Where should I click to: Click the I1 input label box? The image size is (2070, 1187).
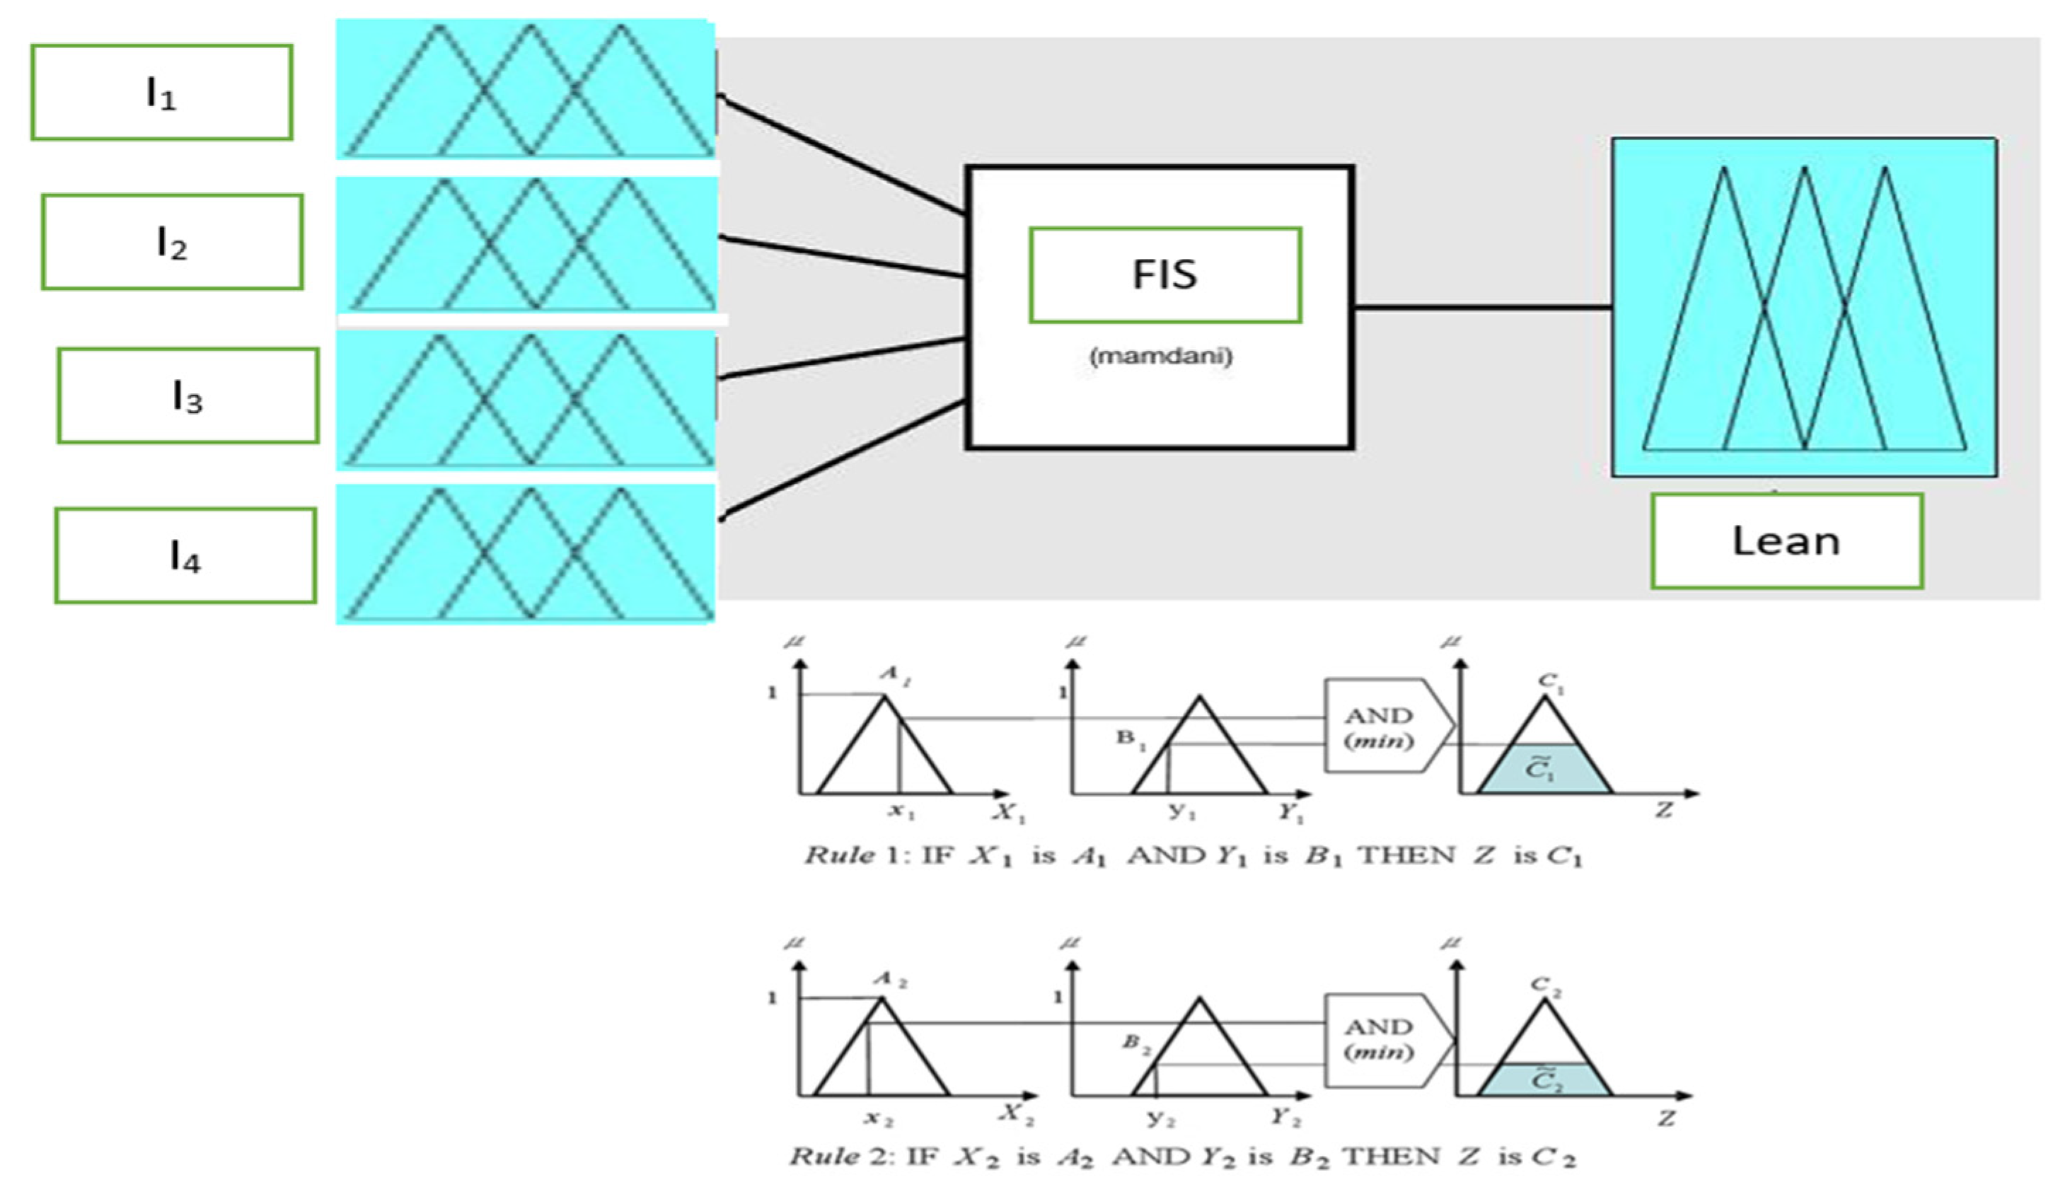click(161, 92)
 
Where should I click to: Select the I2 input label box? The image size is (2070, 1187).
click(172, 242)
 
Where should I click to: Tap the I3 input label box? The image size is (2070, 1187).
click(187, 396)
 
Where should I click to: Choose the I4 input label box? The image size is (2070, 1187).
click(185, 556)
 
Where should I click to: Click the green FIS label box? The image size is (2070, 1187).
click(1164, 274)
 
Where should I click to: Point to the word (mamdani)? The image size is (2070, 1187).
click(1161, 357)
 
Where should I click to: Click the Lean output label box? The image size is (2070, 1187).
click(1786, 540)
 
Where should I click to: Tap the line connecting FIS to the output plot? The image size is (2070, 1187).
click(1482, 307)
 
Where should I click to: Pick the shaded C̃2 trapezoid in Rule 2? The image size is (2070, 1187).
click(1544, 1080)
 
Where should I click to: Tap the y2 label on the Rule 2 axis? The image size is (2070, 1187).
click(1160, 1118)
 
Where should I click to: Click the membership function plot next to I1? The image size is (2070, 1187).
click(526, 88)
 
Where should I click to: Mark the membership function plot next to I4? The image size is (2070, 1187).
click(526, 554)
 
